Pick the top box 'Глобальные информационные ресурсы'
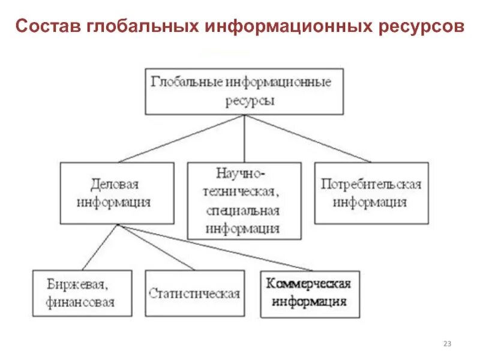point(244,92)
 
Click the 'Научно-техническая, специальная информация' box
point(244,200)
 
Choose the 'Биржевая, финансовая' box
point(82,293)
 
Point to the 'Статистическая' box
point(194,293)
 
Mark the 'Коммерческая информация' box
point(310,293)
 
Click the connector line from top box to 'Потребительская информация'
point(307,139)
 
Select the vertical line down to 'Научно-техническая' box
point(244,139)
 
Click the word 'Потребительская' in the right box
point(371,184)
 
